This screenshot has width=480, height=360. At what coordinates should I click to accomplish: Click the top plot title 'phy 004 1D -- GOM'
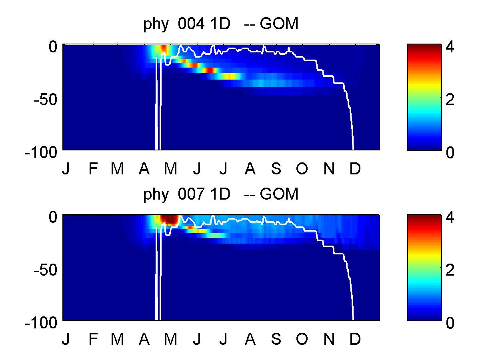221,25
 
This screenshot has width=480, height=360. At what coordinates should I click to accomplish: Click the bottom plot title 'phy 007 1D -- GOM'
221,195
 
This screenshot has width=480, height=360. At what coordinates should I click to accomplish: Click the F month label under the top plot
93,170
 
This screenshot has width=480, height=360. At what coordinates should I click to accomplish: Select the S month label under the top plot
276,170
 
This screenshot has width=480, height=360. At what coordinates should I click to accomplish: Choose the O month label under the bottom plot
302,340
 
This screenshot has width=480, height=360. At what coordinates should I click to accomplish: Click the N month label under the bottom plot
328,340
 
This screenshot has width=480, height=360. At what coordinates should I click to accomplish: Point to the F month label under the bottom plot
93,340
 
